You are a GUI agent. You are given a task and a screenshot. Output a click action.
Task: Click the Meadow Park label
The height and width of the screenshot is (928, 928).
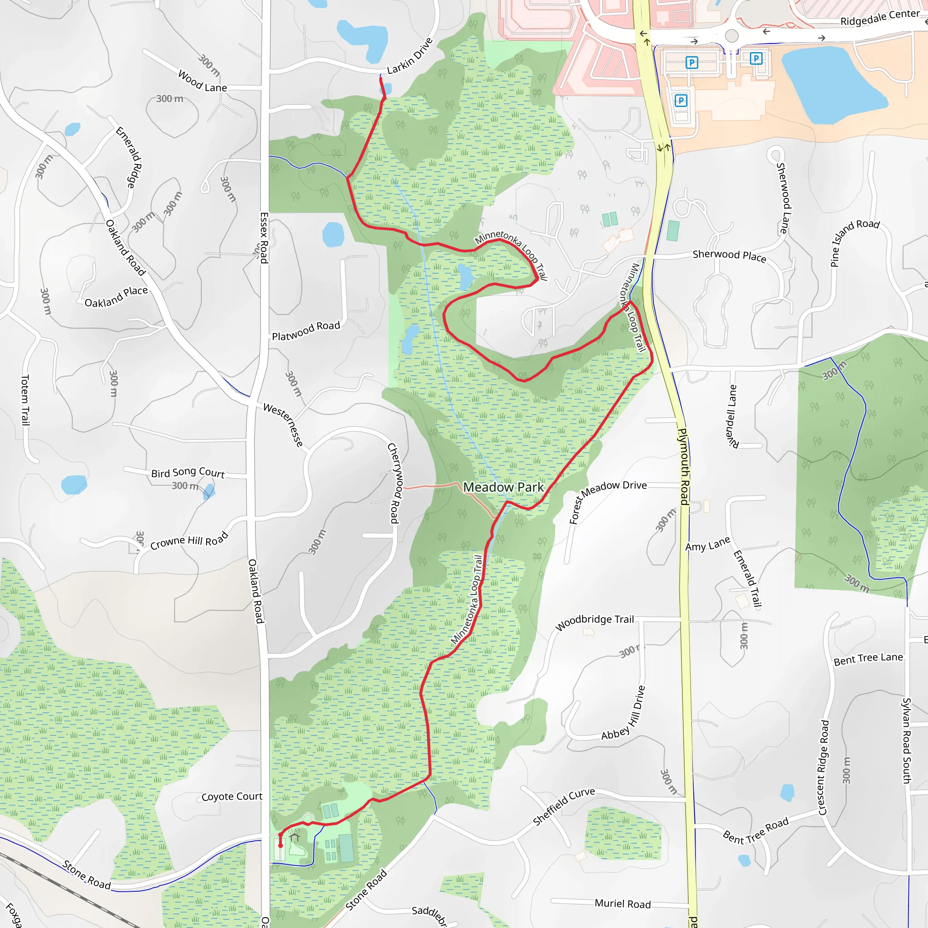[x=503, y=487]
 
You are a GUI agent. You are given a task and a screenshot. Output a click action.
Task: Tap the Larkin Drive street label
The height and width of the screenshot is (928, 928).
[x=409, y=57]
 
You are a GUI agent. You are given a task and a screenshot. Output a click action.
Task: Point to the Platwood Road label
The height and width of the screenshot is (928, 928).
[x=306, y=331]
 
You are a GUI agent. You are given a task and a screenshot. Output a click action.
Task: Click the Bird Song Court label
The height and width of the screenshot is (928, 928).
[x=188, y=473]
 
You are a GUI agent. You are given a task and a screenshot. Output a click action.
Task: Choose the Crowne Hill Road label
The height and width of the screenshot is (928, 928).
[x=189, y=541]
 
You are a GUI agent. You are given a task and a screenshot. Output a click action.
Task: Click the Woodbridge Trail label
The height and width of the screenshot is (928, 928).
[x=594, y=623]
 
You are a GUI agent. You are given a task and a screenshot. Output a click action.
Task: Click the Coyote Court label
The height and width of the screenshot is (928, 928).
[x=232, y=797]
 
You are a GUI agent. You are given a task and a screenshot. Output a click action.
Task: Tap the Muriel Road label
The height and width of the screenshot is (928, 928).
[x=623, y=904]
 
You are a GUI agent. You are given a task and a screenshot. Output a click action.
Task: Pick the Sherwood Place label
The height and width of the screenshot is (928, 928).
[x=729, y=256]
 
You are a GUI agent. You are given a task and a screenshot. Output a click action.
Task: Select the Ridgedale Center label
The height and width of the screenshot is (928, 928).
[x=880, y=18]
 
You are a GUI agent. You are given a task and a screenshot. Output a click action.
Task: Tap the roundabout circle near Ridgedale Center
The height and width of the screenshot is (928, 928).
[x=731, y=35]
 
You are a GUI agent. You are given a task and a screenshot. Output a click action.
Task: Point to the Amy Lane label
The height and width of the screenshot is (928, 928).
[x=707, y=544]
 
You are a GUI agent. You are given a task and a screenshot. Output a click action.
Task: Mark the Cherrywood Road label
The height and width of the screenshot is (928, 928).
[x=394, y=483]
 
